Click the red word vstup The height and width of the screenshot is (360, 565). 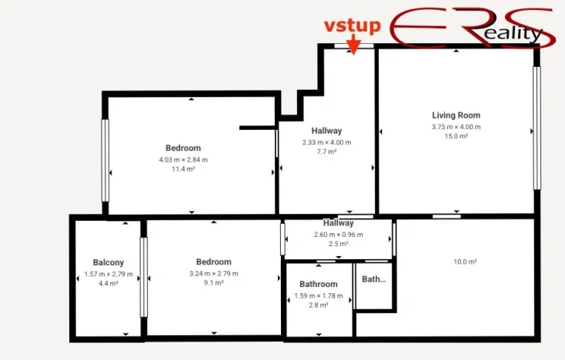tap(352, 27)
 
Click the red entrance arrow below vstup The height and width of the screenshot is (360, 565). tap(353, 46)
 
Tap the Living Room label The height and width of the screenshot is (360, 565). tap(456, 115)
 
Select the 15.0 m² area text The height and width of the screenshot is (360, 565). tap(456, 136)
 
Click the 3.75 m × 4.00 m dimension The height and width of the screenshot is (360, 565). tap(456, 126)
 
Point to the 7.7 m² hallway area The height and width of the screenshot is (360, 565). tap(326, 152)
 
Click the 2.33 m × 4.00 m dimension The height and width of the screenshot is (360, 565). tap(326, 142)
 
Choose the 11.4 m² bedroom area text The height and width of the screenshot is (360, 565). tap(183, 168)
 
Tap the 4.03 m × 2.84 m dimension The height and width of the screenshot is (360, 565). tap(183, 159)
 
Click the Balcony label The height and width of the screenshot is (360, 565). tap(109, 262)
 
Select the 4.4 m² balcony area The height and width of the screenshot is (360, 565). tap(109, 283)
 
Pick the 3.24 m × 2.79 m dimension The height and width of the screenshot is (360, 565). tap(213, 273)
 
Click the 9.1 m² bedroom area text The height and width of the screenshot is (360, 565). tap(213, 283)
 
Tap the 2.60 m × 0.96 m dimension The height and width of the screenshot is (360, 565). tap(339, 234)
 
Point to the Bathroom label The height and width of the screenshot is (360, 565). tap(319, 284)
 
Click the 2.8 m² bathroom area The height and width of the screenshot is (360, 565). tap(319, 305)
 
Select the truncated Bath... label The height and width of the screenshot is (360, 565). tap(374, 279)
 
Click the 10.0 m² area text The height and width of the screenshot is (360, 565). tap(465, 262)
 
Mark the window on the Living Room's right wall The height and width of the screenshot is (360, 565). tap(537, 128)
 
